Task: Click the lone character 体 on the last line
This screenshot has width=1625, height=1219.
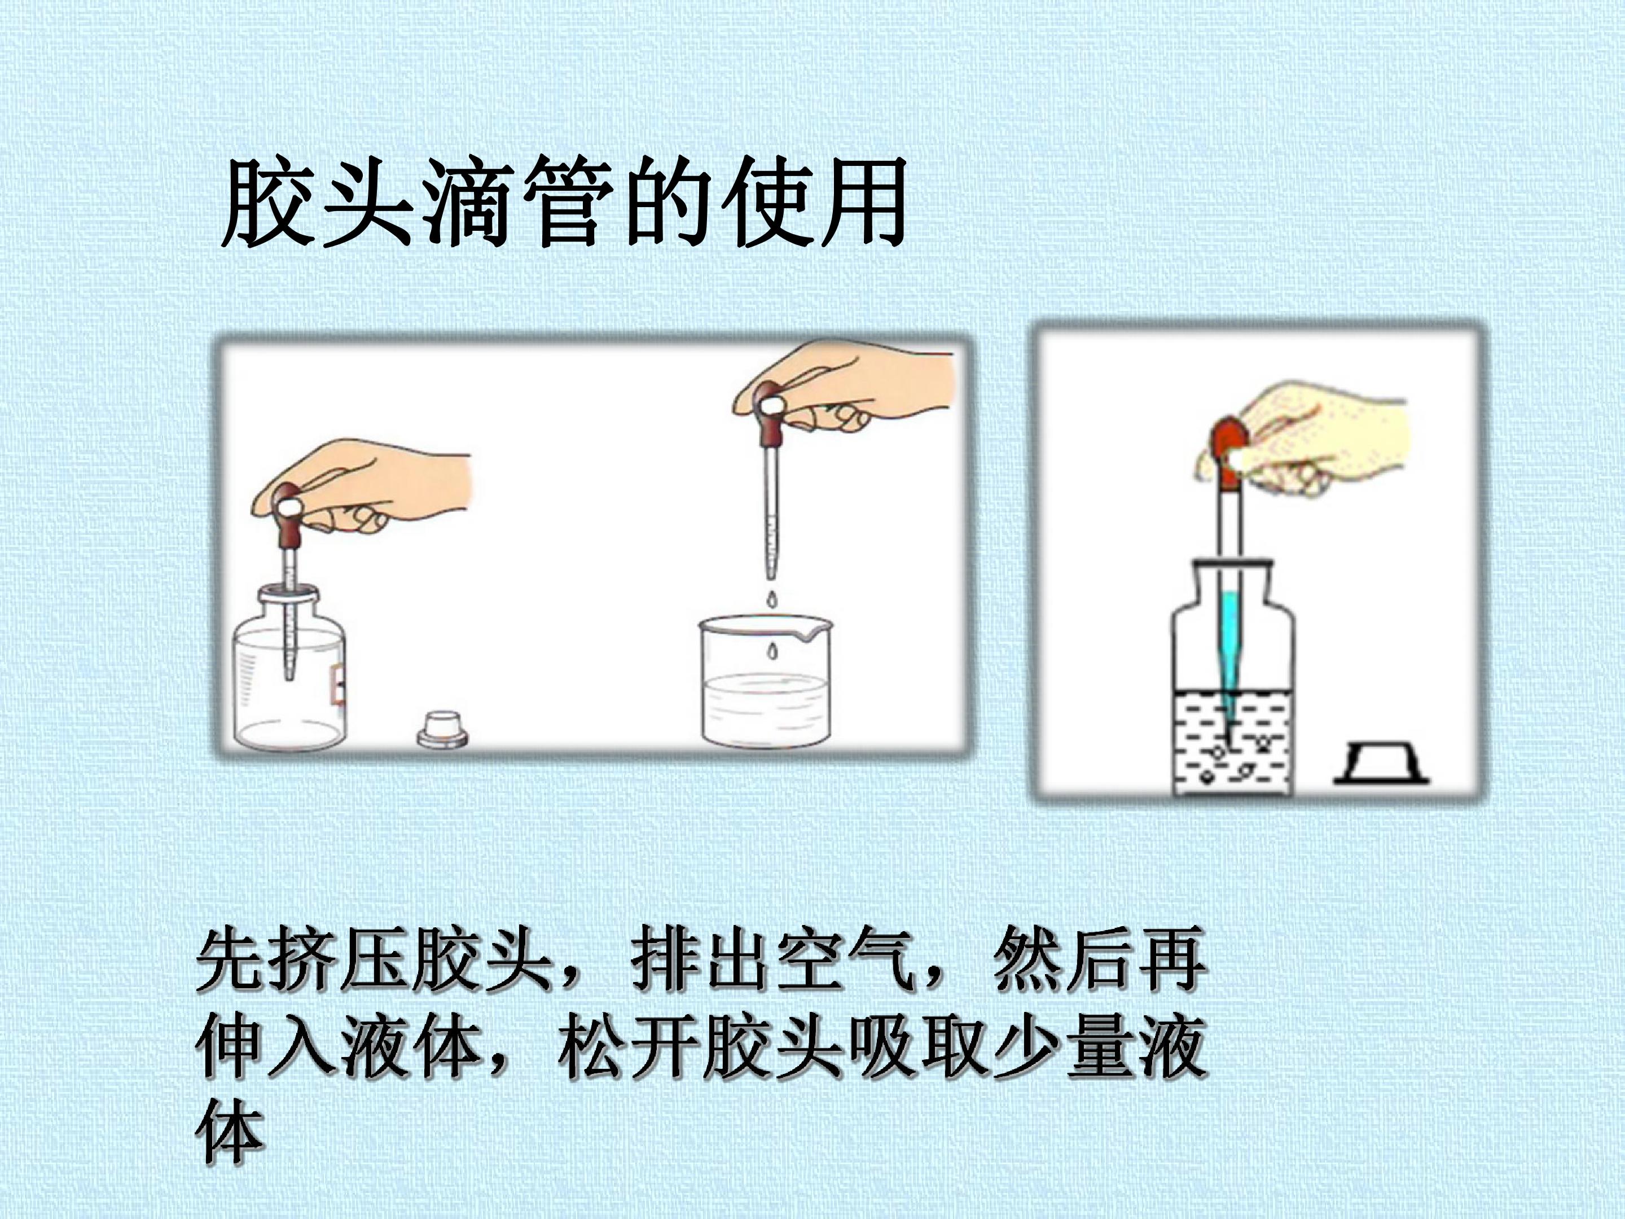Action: pos(230,1132)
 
